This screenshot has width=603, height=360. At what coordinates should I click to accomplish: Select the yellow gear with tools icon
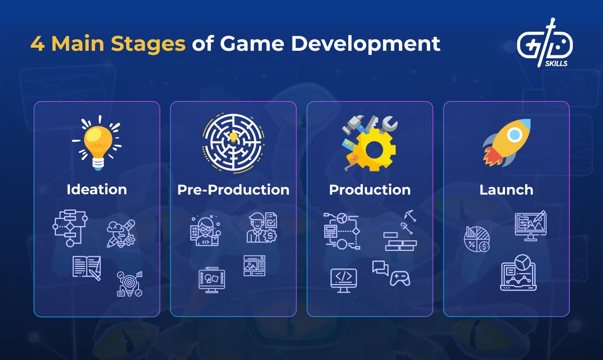coord(370,142)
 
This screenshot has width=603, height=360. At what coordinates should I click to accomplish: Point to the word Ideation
coord(96,190)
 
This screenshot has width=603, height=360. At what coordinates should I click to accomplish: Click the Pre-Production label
coord(233,190)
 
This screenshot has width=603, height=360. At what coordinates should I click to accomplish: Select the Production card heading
coord(370,190)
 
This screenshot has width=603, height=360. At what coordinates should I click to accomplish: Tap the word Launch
coord(506,190)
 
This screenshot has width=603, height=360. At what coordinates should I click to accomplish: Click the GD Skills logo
coord(545,43)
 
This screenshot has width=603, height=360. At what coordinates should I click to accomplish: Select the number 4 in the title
coord(37,44)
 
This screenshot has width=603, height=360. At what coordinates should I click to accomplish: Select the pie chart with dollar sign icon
coord(477,239)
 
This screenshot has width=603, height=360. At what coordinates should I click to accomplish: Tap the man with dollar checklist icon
coord(262,228)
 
